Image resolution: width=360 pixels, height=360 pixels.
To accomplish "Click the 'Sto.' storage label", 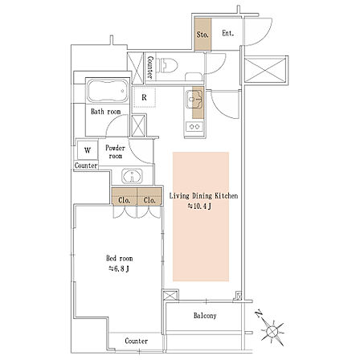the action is click(202, 35).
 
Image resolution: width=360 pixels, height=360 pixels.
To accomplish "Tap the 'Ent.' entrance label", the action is click(228, 33).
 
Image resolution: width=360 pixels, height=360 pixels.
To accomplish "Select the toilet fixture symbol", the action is click(167, 66).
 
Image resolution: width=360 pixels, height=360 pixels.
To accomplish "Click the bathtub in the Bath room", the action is click(108, 91).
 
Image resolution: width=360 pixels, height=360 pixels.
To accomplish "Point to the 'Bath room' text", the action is click(106, 112).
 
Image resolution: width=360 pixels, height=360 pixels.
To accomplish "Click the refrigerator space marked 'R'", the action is click(144, 97).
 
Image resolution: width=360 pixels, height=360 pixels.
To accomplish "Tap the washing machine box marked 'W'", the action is click(88, 150).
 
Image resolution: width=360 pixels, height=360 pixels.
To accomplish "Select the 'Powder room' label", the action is click(116, 152).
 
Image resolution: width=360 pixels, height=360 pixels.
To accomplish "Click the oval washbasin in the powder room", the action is click(132, 176).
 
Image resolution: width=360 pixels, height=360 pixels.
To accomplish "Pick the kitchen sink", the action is click(194, 100).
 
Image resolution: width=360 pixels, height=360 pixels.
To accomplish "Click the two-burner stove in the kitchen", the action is click(194, 126).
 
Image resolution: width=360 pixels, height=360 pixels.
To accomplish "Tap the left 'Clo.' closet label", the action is click(125, 200).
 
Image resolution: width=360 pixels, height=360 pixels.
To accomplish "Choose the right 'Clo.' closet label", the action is click(149, 200).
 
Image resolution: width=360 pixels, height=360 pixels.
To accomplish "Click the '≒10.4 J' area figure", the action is click(199, 207).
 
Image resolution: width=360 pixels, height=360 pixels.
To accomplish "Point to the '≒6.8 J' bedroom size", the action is click(119, 268).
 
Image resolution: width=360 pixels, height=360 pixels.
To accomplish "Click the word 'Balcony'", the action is click(205, 316).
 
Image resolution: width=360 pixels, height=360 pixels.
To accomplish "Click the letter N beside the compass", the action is click(259, 313).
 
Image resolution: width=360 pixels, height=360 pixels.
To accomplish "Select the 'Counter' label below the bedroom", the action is click(137, 341).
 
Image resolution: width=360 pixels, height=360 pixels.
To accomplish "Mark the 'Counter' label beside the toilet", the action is click(150, 67).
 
